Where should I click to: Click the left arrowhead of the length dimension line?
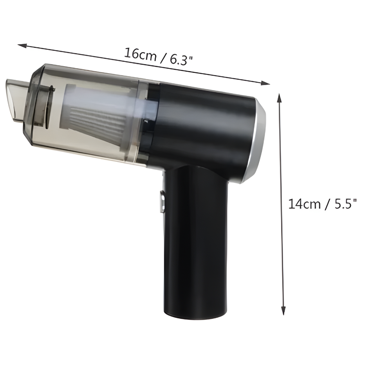click(x=22, y=45)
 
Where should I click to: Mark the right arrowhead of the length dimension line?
click(x=266, y=83)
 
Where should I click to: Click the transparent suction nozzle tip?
click(x=15, y=101)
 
